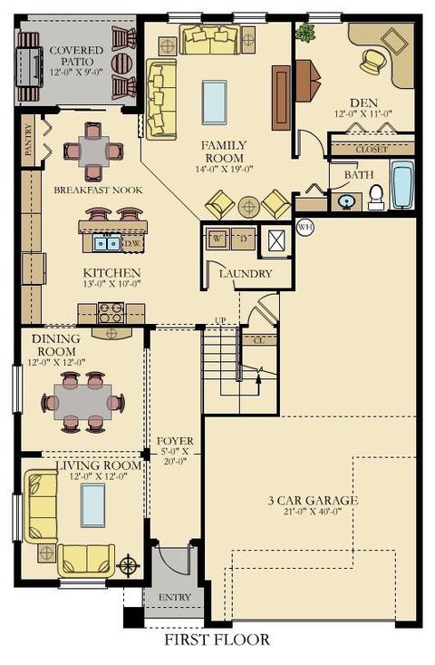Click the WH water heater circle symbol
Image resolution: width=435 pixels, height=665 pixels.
point(305,228)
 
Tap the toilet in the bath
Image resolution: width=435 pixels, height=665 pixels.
point(376,197)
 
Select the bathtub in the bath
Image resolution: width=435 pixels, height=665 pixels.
point(401,184)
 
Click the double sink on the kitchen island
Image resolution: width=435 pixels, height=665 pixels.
point(107,243)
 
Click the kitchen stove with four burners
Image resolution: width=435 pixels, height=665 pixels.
point(111,313)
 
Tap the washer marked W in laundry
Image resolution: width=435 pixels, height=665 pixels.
point(217,239)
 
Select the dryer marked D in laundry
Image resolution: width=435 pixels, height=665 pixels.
point(244,239)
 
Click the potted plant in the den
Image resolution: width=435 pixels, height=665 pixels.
point(305,32)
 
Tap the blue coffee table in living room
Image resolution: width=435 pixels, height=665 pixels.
point(93,504)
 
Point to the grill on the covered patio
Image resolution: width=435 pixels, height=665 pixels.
point(30,66)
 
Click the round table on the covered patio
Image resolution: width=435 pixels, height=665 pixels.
point(121,63)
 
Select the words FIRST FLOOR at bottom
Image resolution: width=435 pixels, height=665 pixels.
point(217,640)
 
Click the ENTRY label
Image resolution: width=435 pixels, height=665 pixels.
point(175,597)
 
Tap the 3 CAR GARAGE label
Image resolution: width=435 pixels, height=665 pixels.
point(313,501)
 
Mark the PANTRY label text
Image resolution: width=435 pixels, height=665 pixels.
point(28,140)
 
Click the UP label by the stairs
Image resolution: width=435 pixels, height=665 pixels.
point(220,320)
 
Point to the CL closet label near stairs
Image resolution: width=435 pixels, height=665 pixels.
point(259,340)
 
